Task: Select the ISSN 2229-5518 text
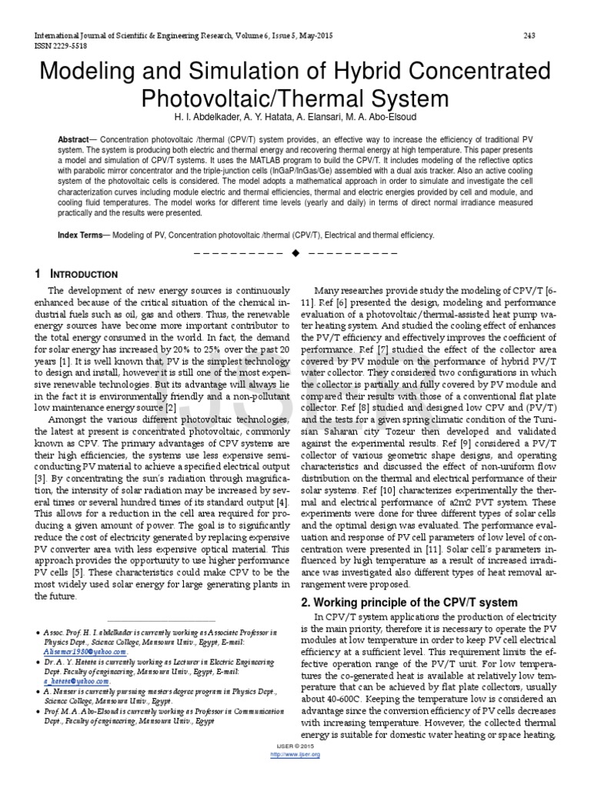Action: [58, 45]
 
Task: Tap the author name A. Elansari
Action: [318, 115]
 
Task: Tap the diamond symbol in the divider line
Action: [295, 254]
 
